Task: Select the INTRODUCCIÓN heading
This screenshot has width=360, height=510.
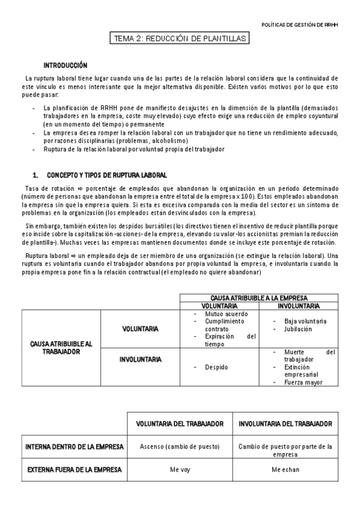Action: [65, 65]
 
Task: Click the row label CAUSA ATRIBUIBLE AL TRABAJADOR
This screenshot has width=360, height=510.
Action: [61, 348]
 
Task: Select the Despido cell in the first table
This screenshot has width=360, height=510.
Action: [216, 366]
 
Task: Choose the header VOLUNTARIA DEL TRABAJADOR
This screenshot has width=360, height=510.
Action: [179, 424]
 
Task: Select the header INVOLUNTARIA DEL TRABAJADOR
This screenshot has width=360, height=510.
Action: [285, 424]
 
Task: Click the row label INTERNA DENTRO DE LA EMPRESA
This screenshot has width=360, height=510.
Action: [75, 447]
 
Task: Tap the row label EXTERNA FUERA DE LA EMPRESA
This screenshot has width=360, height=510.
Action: [75, 469]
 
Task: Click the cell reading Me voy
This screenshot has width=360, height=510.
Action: [179, 470]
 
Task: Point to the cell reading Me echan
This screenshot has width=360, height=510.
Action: [285, 470]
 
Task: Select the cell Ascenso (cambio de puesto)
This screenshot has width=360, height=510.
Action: [179, 447]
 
